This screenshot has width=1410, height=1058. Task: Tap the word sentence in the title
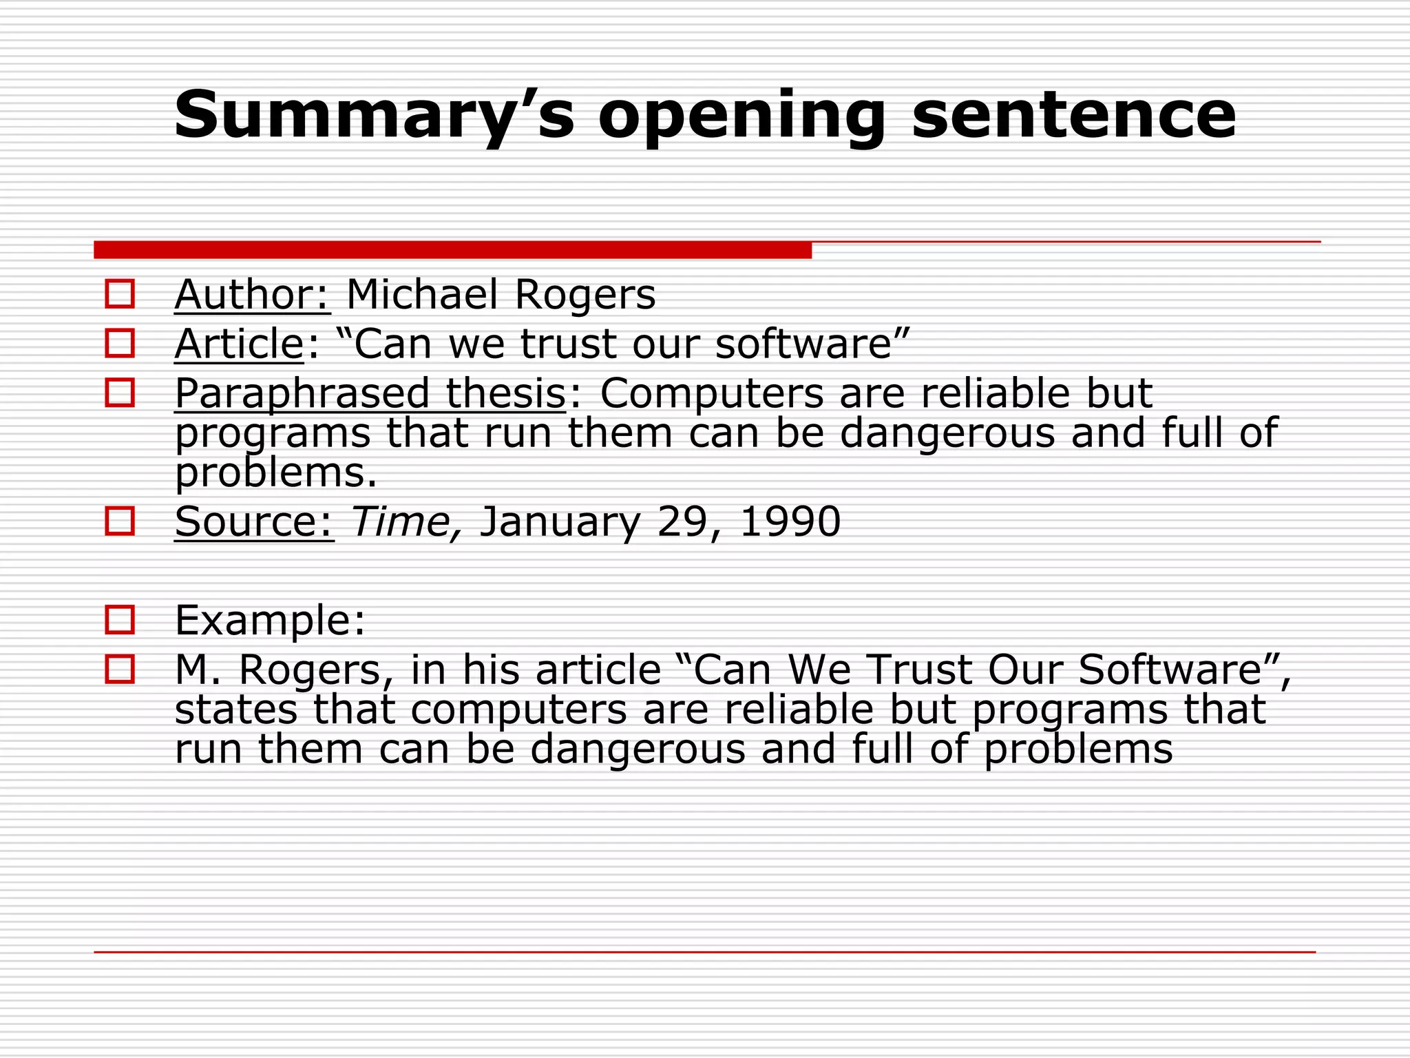1074,115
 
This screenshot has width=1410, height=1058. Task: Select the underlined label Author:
253,295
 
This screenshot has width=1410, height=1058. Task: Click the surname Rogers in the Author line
585,295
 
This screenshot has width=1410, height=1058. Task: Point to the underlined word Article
239,344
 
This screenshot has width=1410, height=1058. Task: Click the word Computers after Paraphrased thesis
711,393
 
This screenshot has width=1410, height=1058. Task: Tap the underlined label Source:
254,521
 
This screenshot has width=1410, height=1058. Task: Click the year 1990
790,521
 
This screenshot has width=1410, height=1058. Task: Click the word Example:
270,620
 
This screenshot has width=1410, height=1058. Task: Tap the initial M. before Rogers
198,670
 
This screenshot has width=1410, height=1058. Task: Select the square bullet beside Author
120,294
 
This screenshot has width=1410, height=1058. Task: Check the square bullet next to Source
120,521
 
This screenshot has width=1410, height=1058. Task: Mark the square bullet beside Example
120,620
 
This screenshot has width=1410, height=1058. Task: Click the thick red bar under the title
452,250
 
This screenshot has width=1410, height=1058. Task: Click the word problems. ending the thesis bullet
276,473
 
